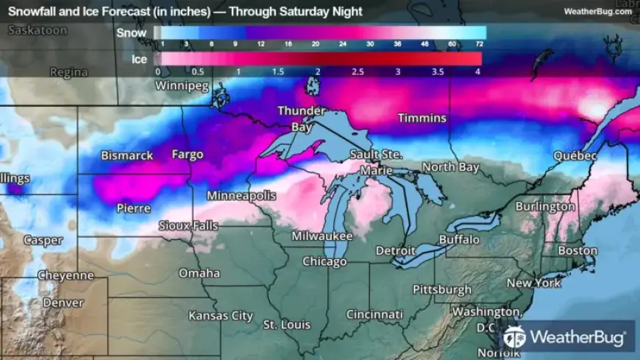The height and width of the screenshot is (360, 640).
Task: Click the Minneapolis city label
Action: click(241, 196)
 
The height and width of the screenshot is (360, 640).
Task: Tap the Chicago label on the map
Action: click(324, 261)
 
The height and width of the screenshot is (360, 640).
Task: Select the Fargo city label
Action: click(187, 155)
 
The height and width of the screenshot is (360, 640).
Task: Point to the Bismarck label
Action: click(127, 155)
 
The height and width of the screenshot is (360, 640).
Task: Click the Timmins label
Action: click(422, 118)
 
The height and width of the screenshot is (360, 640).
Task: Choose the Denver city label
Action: click(63, 302)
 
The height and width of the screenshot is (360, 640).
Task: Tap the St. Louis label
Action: click(287, 325)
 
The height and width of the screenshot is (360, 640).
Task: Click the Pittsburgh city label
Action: click(441, 289)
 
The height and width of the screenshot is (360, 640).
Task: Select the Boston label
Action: click(577, 250)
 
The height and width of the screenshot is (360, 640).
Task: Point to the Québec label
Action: click(576, 156)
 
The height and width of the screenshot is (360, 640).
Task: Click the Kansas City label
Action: click(221, 315)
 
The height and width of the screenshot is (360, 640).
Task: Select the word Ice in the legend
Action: click(139, 58)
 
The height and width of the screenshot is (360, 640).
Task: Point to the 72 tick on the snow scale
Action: click(479, 44)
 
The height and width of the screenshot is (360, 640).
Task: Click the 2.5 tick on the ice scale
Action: click(358, 71)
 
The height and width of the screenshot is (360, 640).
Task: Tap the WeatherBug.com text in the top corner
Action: click(597, 11)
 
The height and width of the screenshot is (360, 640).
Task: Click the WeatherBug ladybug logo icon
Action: click(514, 337)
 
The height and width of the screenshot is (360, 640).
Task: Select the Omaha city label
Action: click(199, 273)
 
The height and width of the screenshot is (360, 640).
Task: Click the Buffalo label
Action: click(459, 239)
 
